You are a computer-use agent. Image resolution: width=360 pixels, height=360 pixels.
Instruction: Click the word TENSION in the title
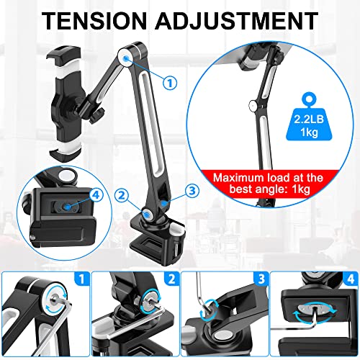point(94,21)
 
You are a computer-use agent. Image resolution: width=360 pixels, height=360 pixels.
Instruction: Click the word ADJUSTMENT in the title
point(237,21)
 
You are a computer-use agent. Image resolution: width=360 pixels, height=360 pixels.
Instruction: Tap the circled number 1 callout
point(170,83)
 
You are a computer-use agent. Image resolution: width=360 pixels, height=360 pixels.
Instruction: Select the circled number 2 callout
point(122,196)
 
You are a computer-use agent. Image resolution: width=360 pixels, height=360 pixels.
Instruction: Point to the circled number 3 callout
point(192,191)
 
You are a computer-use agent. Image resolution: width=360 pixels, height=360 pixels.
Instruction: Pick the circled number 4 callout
point(96,194)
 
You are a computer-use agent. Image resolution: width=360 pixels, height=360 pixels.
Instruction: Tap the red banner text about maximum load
point(268,183)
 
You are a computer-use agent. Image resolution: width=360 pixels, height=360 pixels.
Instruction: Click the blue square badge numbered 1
point(82,279)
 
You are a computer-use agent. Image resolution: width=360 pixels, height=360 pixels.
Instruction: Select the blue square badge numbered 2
point(171,279)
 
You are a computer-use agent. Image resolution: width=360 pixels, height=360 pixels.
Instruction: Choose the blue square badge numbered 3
point(261,279)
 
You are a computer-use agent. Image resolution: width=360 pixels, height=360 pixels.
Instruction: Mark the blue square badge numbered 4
point(351,279)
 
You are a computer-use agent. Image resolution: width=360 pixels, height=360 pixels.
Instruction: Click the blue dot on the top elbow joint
point(126,58)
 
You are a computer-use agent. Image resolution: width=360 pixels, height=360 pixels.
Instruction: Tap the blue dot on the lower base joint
point(147,214)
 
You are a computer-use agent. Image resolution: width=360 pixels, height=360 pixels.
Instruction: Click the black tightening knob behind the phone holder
point(96,115)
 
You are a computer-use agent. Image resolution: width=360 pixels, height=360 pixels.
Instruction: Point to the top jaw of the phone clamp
point(64,55)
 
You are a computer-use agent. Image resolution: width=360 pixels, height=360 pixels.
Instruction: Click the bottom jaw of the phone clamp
point(66,153)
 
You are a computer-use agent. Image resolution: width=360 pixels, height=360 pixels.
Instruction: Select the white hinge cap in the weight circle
point(253,105)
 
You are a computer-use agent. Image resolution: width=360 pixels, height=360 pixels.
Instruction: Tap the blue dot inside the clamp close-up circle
point(68,207)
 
